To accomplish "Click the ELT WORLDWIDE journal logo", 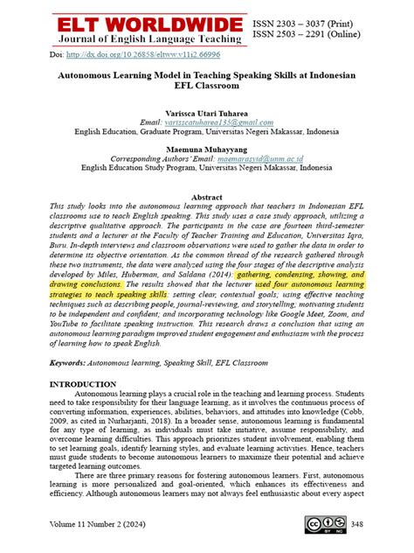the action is [x=150, y=24].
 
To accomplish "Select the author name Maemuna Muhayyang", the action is [x=206, y=150].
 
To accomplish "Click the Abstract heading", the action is [x=206, y=198].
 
